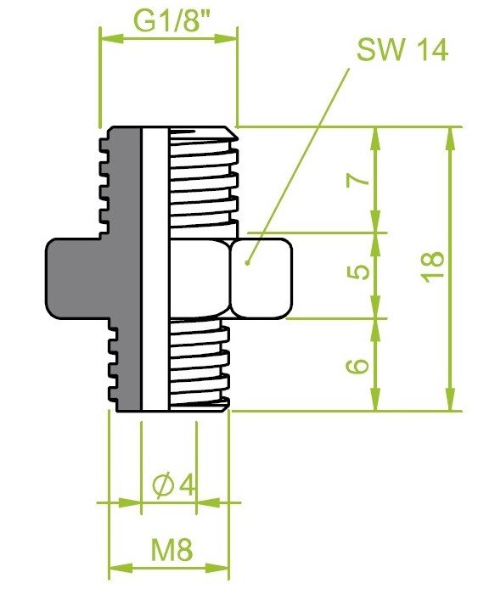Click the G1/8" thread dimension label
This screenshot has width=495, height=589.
coord(172,22)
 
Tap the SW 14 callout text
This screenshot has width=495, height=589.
coord(402,50)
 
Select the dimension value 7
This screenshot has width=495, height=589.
coord(358,180)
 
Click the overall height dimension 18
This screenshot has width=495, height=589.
coord(432,266)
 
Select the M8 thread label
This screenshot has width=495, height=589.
coord(172,550)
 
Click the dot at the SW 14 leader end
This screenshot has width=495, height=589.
coord(247,263)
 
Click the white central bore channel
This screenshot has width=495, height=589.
coord(155,268)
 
